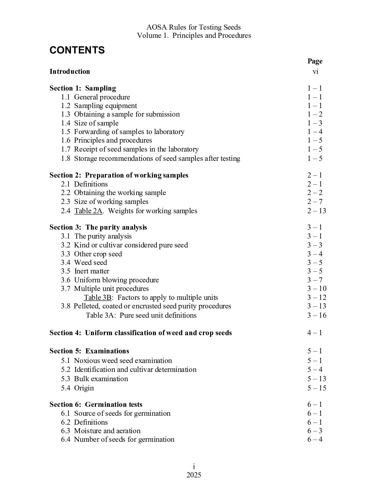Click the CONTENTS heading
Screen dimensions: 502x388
click(77, 50)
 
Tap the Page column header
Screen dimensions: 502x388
click(315, 61)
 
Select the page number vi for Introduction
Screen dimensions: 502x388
click(315, 71)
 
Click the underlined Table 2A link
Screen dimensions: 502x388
click(88, 211)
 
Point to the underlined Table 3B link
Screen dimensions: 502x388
click(98, 297)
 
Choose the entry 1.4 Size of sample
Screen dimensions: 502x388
click(90, 123)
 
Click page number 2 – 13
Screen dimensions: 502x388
click(317, 211)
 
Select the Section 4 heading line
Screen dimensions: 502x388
click(141, 333)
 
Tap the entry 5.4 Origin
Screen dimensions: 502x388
click(77, 388)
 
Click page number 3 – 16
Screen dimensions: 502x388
click(317, 315)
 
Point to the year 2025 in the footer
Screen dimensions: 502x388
click(194, 475)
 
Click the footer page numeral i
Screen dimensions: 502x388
click(194, 466)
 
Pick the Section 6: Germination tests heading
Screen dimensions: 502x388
click(96, 404)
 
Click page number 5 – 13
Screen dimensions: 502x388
click(317, 379)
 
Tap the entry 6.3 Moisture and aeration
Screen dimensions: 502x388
click(101, 431)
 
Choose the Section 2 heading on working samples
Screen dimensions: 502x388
click(119, 175)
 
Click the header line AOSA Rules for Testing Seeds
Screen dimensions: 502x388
click(194, 27)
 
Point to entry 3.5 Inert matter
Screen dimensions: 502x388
click(85, 271)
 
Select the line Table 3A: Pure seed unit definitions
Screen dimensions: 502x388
click(141, 315)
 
